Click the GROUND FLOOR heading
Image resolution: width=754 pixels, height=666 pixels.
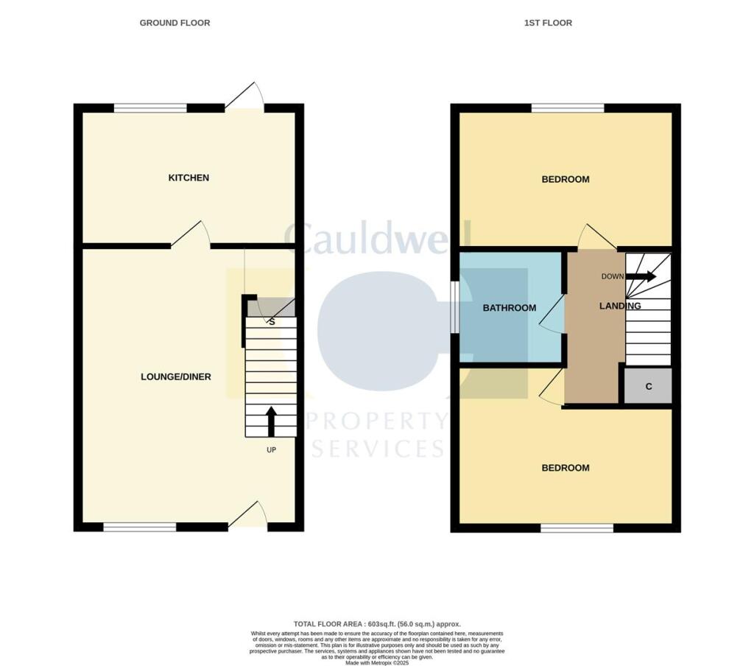[x=175, y=23]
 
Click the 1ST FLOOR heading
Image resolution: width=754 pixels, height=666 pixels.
[x=548, y=23]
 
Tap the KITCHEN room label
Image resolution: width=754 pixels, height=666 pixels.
[x=188, y=178]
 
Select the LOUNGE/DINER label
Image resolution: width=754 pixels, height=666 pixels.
[x=176, y=376]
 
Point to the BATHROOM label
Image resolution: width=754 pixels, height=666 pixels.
[x=509, y=307]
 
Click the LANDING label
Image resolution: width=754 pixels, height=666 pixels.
[x=619, y=306]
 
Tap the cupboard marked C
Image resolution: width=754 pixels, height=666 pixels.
[x=648, y=386]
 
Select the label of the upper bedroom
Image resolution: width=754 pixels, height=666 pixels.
[x=565, y=179]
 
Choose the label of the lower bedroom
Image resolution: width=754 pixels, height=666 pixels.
[x=565, y=468]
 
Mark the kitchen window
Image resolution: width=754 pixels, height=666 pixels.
[x=150, y=108]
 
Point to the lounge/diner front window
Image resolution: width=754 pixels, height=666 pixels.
[x=139, y=527]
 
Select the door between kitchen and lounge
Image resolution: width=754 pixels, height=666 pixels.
[x=191, y=236]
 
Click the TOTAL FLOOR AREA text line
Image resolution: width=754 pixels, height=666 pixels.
[x=377, y=623]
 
